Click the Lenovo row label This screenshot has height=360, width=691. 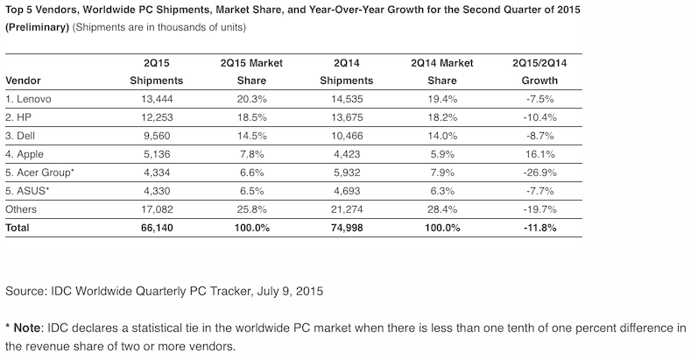point(32,99)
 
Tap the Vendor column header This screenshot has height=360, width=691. point(24,80)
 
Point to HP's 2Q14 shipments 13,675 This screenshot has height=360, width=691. point(352,118)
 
